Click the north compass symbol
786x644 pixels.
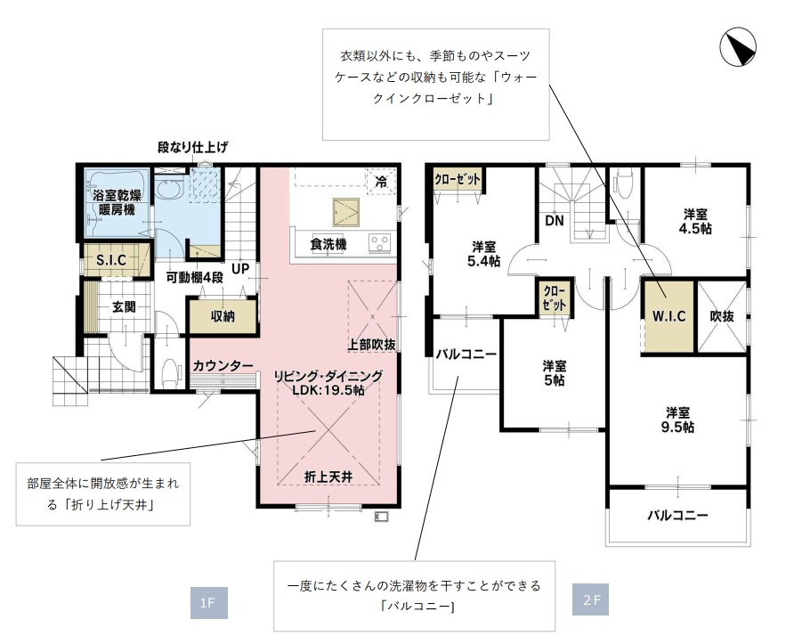(x=737, y=47)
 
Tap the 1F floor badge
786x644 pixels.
(x=208, y=602)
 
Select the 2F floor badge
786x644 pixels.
(x=590, y=599)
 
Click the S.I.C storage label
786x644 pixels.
(x=110, y=260)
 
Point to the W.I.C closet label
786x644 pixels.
(x=669, y=316)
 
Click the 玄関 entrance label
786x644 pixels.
(x=124, y=307)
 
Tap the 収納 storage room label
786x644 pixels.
(x=223, y=316)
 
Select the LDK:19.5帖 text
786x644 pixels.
(x=328, y=390)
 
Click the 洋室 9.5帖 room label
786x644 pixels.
(x=677, y=420)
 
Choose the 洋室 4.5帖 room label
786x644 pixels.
(x=695, y=221)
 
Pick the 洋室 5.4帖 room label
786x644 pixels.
(x=483, y=254)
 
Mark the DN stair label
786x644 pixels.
(x=555, y=221)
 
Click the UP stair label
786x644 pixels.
(x=240, y=269)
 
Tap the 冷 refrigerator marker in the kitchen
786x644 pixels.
(x=382, y=182)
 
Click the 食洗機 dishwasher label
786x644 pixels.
(x=328, y=244)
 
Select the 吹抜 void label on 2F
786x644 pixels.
(x=722, y=316)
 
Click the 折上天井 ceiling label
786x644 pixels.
(x=328, y=477)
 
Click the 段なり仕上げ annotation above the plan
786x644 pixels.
(x=193, y=147)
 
